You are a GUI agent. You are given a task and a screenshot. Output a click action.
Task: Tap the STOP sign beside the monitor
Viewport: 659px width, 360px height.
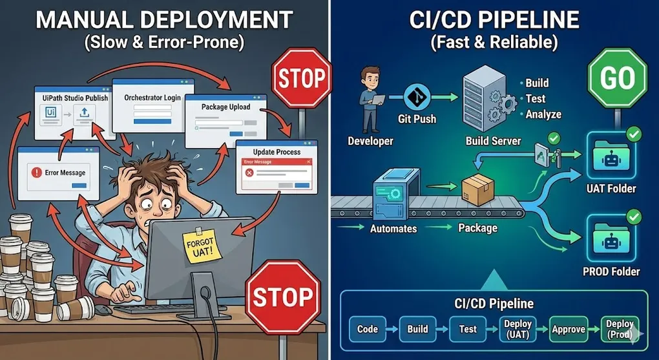click(284, 297)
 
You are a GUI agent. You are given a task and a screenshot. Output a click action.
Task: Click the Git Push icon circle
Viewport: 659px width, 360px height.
click(417, 98)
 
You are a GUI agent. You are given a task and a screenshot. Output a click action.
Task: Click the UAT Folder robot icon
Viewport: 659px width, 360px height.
click(610, 157)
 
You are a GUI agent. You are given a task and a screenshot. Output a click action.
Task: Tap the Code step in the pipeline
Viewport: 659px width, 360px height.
click(368, 329)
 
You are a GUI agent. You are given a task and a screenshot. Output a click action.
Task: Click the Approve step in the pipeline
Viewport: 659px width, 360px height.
click(569, 329)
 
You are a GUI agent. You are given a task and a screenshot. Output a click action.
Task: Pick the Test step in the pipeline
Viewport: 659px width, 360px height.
click(468, 329)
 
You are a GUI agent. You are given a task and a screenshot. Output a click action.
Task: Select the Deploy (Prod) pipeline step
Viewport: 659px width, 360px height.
click(619, 329)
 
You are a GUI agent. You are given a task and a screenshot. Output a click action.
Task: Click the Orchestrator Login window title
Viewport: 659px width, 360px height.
click(152, 98)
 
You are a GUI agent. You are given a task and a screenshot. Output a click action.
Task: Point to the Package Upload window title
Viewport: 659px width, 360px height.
click(225, 107)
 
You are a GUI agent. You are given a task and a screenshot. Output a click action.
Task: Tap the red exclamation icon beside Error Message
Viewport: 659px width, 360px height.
click(36, 173)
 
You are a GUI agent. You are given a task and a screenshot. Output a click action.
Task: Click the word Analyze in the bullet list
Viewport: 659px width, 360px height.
click(543, 114)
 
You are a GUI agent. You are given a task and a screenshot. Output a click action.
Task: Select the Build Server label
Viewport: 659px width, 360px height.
click(493, 141)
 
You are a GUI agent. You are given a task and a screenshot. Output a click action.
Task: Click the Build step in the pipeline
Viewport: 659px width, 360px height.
click(417, 329)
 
